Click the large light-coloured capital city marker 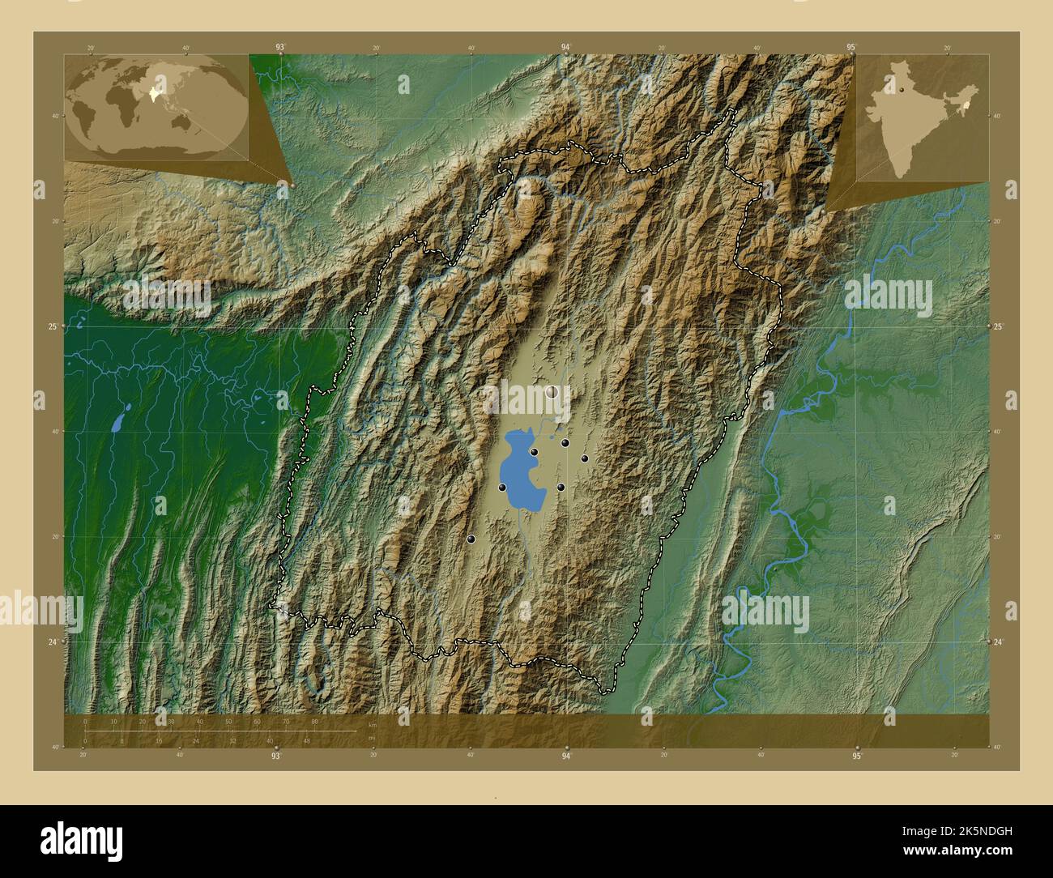[x=552, y=392]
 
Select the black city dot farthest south [x=471, y=539]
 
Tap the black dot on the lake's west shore [x=502, y=488]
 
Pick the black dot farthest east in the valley [x=584, y=458]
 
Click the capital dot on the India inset [x=900, y=91]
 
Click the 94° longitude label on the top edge [x=566, y=47]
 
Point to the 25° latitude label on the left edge [x=53, y=326]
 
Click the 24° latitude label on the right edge [x=999, y=641]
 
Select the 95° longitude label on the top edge [x=851, y=47]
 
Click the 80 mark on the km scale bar [x=314, y=721]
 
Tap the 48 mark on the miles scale [x=306, y=740]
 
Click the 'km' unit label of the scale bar [x=372, y=725]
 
